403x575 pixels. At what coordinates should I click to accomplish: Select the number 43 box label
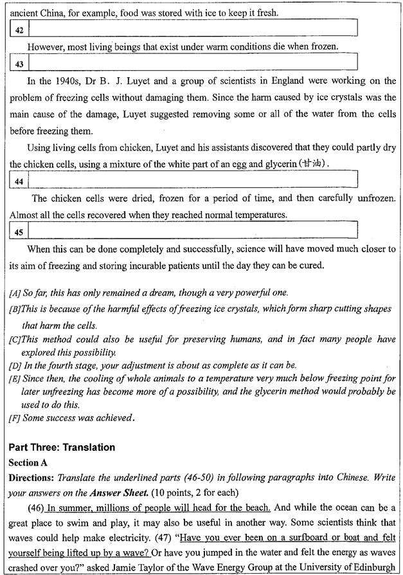19,64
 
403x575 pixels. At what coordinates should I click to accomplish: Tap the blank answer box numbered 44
193,181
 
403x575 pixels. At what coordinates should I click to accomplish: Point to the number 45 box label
19,232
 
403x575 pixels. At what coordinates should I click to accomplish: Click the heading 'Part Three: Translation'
62,448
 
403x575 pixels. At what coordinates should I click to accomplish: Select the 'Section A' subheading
30,462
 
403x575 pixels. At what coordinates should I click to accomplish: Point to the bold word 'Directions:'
32,477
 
